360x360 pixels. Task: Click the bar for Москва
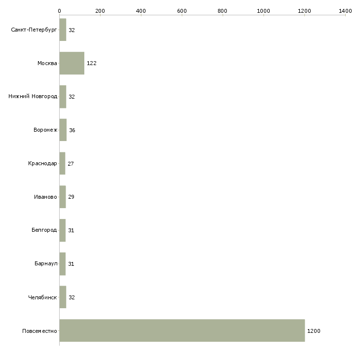(x=72, y=63)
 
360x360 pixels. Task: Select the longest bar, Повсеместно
(x=182, y=330)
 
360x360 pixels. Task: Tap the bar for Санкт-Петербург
(x=63, y=30)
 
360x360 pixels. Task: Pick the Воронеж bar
(x=63, y=130)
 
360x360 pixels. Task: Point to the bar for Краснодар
(x=62, y=163)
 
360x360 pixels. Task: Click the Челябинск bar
(x=63, y=297)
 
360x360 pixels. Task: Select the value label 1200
(x=314, y=331)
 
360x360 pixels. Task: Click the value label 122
(x=92, y=63)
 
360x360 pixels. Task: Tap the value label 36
(x=72, y=130)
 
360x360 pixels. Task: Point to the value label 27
(x=71, y=164)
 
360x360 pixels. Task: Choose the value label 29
(x=71, y=197)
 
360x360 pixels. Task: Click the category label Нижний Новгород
(x=33, y=96)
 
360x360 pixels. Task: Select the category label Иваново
(x=45, y=197)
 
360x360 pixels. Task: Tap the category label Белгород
(x=44, y=230)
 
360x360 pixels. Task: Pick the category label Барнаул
(x=46, y=263)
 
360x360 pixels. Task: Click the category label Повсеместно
(x=39, y=331)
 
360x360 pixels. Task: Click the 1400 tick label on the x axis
(x=345, y=11)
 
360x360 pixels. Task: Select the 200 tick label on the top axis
(x=100, y=11)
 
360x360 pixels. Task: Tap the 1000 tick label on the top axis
(x=263, y=11)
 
